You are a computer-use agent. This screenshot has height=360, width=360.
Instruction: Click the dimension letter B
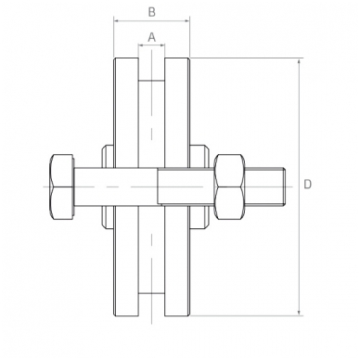tap(151, 12)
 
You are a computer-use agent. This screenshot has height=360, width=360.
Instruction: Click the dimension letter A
tap(151, 37)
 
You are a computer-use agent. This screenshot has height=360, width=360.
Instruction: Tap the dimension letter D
tap(307, 185)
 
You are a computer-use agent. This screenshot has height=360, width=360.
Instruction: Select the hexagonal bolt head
tap(62, 186)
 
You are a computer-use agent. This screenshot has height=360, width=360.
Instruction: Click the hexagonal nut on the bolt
tap(229, 186)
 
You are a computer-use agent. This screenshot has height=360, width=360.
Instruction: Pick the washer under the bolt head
tap(109, 186)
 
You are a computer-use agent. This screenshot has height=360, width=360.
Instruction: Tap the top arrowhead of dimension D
tap(299, 62)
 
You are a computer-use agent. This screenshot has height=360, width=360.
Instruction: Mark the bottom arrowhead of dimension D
tap(299, 313)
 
